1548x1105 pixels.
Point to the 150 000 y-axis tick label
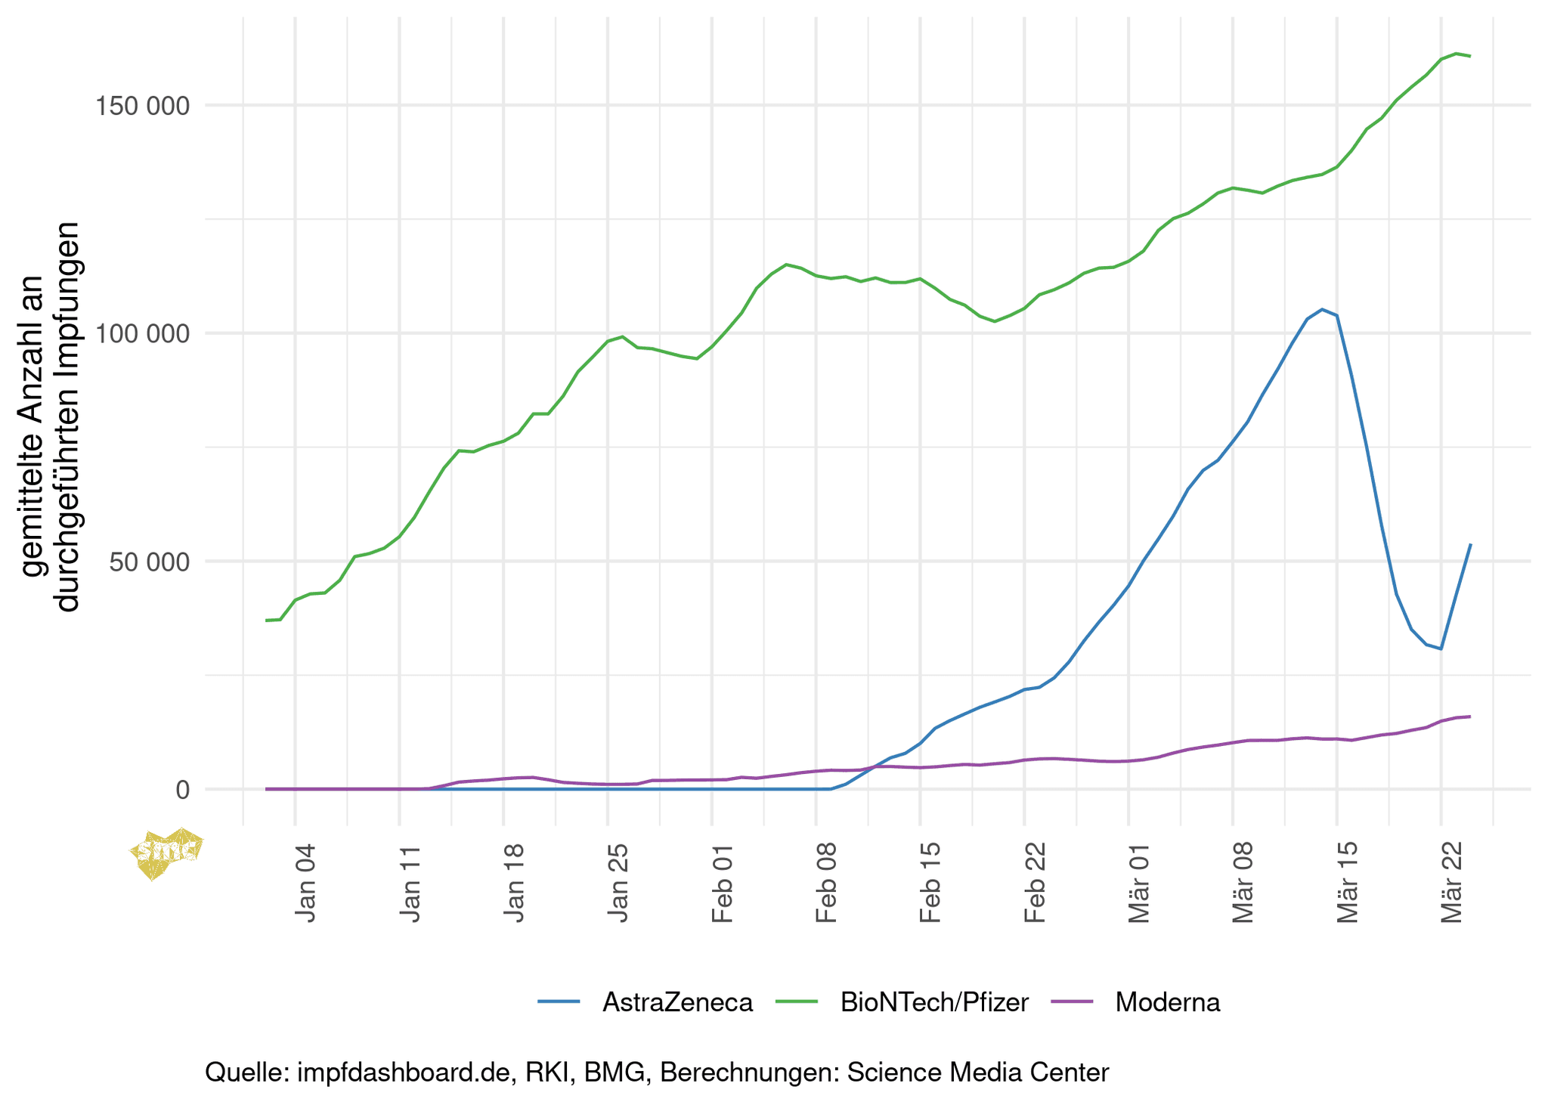point(141,106)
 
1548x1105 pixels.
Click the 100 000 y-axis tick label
point(141,333)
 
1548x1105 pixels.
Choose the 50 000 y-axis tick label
point(147,562)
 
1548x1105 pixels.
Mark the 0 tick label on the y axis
point(182,790)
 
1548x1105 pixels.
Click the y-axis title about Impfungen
point(49,416)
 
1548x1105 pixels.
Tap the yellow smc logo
point(166,853)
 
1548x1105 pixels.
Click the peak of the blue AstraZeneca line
point(1322,309)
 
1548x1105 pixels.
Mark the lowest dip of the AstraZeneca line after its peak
point(1441,648)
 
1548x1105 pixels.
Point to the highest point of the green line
point(1456,54)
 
